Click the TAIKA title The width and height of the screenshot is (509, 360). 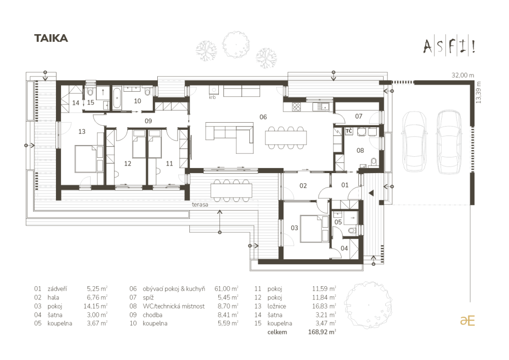point(51,38)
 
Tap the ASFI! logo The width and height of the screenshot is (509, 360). point(449,47)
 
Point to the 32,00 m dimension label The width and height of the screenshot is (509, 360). point(463,75)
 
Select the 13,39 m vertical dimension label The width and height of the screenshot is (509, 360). point(477,92)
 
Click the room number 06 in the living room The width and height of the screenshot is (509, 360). point(263,117)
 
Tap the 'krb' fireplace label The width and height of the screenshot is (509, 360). point(212,97)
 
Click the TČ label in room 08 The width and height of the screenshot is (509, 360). point(349,131)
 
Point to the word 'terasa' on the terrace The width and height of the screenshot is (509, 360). point(200,205)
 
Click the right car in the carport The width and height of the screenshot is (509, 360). point(449,142)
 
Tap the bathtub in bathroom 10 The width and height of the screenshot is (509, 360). point(117,98)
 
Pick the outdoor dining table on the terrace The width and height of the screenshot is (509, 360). point(231,190)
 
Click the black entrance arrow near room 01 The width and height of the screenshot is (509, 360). point(371,193)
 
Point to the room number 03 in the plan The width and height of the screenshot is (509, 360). point(294,228)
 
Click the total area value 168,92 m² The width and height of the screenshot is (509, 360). point(322,332)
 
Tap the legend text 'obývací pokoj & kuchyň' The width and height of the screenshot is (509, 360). point(174,289)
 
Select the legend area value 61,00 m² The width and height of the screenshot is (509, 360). point(227,289)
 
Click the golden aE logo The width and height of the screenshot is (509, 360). point(467,320)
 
